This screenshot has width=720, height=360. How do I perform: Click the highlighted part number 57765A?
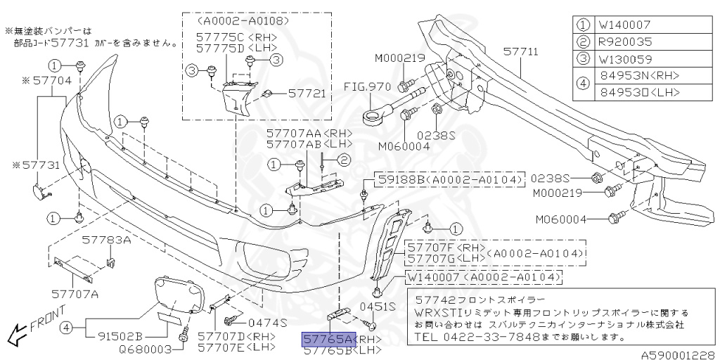[328, 339]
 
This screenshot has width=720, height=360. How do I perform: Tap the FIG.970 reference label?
[366, 86]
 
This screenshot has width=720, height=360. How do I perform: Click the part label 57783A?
[107, 240]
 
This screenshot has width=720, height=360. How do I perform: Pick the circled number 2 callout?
[344, 161]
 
